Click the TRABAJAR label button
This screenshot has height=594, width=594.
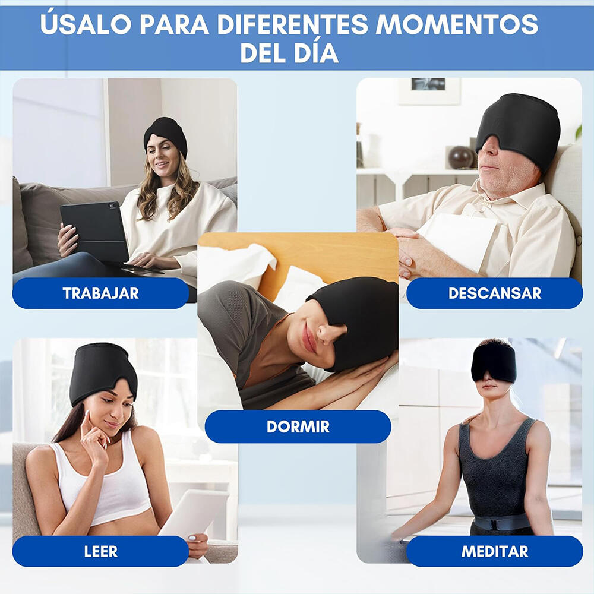100,293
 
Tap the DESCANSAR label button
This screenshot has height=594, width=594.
494,293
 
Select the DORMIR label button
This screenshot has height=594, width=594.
298,426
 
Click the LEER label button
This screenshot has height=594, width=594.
100,551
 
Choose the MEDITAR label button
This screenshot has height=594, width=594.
494,551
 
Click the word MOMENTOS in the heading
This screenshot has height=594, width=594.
457,24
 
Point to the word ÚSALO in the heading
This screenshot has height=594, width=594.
85,24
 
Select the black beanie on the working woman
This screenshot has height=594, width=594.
166,132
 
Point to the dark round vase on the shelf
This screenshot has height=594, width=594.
460,157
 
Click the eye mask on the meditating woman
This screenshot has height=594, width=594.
494,364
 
